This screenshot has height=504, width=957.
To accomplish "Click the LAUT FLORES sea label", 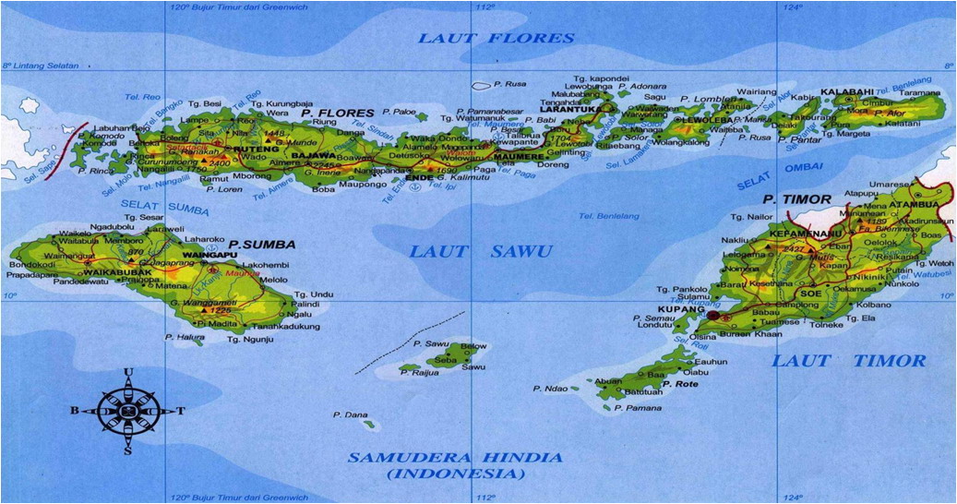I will point(496,38).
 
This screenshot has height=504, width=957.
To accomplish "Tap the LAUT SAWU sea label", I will point(481,251).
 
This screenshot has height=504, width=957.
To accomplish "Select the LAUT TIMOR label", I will point(848,360).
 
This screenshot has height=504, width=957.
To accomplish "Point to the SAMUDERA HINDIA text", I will point(454,458).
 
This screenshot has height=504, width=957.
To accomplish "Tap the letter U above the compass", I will point(128,373).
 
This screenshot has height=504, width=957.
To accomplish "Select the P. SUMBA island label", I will point(263,245).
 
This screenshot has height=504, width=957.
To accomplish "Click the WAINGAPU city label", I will point(213,256).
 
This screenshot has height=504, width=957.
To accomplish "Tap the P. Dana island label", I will point(350,415).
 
